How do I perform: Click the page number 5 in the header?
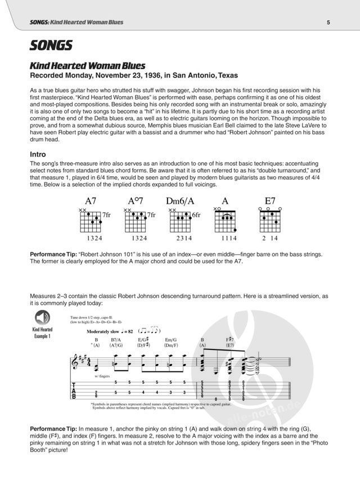pos(328,23)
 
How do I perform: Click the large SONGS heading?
pos(51,44)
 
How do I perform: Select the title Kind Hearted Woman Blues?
pos(87,65)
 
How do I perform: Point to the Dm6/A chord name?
pos(179,200)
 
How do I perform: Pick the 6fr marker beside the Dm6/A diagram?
pos(197,215)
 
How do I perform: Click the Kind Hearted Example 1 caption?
pos(42,333)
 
